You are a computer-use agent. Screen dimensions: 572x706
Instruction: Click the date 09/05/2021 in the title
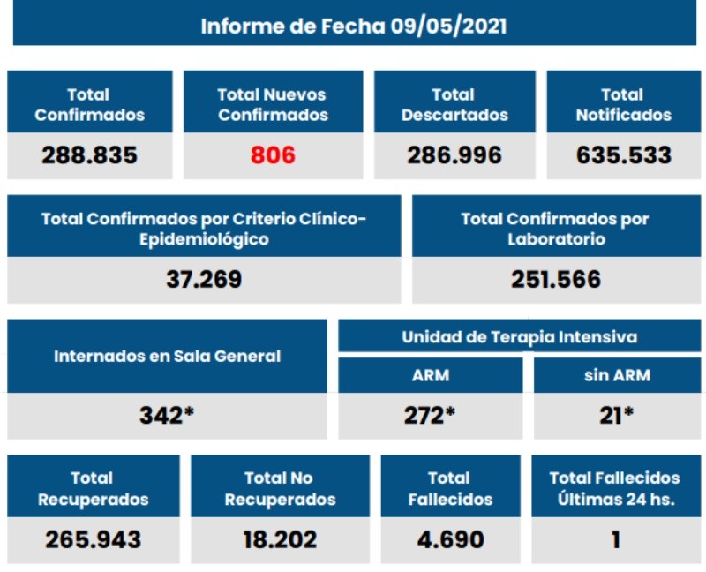pos(448,26)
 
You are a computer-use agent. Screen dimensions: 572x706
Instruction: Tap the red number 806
pos(273,156)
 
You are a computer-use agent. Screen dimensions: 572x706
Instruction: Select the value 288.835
pos(90,156)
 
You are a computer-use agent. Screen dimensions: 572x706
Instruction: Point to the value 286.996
pos(454,156)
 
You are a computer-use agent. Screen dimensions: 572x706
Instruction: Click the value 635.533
pos(624,156)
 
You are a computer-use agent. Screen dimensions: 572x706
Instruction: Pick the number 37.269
pos(204,280)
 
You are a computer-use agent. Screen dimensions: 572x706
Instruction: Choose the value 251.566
pos(556,280)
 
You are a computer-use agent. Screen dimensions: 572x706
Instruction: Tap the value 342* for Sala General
pos(167,415)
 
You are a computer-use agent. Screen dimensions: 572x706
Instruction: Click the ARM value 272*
pos(430,415)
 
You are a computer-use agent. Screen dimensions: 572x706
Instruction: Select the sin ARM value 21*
pos(617,415)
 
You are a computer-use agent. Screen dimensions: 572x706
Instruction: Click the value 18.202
pos(280,538)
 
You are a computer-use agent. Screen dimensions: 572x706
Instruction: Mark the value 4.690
pos(450,538)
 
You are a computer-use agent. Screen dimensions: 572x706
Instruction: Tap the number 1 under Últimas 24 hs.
pos(615,538)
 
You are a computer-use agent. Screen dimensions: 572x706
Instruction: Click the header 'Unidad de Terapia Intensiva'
pos(520,337)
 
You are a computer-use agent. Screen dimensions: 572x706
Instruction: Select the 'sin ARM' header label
pos(617,375)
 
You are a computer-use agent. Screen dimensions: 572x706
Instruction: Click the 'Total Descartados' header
pos(454,105)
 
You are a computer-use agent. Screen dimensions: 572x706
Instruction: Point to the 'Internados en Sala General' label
pos(168,357)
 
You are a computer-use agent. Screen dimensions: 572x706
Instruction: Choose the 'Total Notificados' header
pos(623,105)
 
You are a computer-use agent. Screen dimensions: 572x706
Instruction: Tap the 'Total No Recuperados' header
pos(280,488)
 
